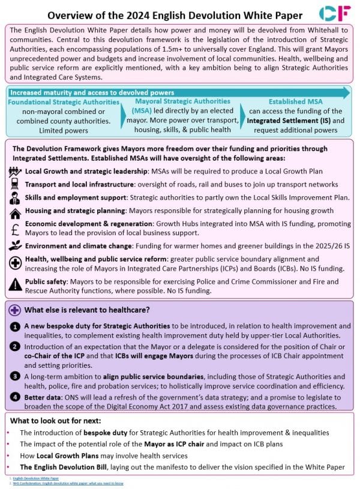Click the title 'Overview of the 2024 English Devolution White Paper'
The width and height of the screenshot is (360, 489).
pos(175,14)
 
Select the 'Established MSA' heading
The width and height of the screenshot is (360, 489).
pos(293,102)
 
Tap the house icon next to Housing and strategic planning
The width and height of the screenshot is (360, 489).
pos(14,212)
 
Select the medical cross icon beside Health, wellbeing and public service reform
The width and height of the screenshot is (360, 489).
pos(14,263)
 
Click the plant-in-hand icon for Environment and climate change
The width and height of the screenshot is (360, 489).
pos(14,245)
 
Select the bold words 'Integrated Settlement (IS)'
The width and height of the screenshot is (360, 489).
pos(288,121)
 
